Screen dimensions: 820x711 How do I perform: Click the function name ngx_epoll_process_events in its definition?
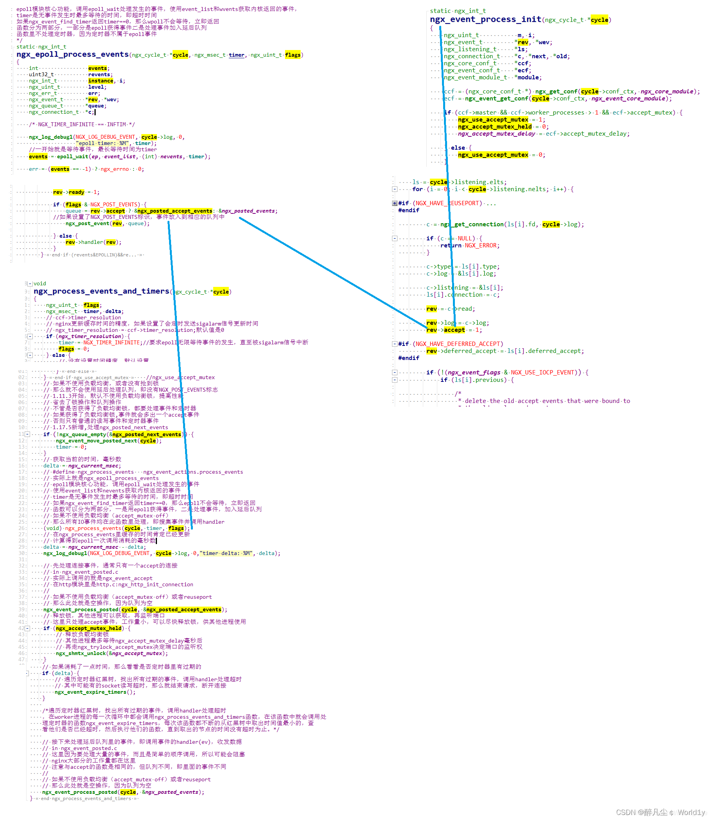(73, 54)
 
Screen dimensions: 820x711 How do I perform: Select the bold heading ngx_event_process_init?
(485, 20)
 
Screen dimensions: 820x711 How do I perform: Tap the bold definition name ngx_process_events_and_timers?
(101, 291)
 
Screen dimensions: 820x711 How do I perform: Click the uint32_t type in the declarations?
(41, 75)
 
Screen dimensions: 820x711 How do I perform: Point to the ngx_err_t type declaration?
(43, 93)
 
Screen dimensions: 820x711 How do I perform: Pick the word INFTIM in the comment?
(116, 124)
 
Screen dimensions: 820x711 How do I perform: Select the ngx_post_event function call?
(87, 224)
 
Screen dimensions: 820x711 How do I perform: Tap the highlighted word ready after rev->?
(77, 192)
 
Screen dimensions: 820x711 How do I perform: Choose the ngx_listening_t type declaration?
(470, 49)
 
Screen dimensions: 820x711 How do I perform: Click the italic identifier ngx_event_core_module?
(628, 98)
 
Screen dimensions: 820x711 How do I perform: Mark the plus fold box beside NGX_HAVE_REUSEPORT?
(395, 203)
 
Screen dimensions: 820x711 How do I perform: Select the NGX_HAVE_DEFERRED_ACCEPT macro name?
(458, 344)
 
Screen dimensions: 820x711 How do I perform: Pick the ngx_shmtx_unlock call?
(81, 653)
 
